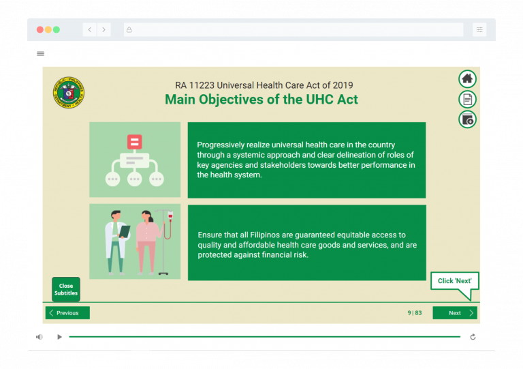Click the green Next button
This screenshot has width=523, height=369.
(454, 313)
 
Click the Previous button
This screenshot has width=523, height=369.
(67, 313)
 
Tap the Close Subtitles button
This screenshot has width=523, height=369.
(66, 290)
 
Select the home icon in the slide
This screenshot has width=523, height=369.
(467, 79)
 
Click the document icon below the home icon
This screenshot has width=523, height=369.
(467, 100)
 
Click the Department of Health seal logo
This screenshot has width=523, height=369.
(69, 93)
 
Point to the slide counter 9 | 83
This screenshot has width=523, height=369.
(414, 313)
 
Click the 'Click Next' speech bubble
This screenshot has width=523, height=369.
(454, 282)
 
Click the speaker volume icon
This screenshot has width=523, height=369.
(39, 337)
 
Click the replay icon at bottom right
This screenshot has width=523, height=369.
(473, 337)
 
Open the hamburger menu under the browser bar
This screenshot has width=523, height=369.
(40, 53)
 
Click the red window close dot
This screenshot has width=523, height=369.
(39, 29)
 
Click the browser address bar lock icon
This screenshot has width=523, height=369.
(129, 29)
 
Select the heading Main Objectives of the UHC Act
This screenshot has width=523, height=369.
(261, 100)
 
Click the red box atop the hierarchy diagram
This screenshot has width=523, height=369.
(134, 142)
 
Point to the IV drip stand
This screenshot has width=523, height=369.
(163, 242)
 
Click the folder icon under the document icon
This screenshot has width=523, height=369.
(467, 120)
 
